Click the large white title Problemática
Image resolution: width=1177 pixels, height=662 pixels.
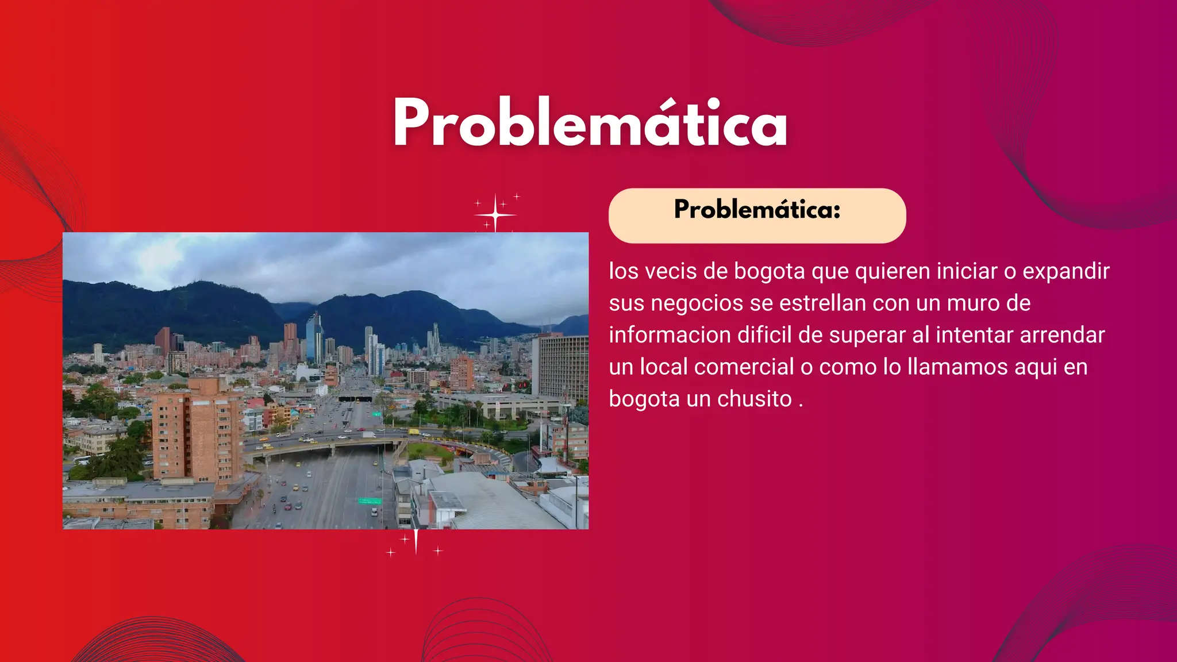[x=590, y=124]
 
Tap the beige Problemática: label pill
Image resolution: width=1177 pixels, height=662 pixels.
[x=757, y=215]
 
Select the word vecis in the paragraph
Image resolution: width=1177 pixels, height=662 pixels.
[x=671, y=271]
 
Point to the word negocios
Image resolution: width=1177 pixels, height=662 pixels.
[x=697, y=303]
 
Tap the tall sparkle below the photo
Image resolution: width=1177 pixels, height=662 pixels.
[x=416, y=541]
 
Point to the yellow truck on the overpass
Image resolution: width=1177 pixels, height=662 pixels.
[x=414, y=432]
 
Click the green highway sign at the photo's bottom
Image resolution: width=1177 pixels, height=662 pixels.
[x=370, y=501]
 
